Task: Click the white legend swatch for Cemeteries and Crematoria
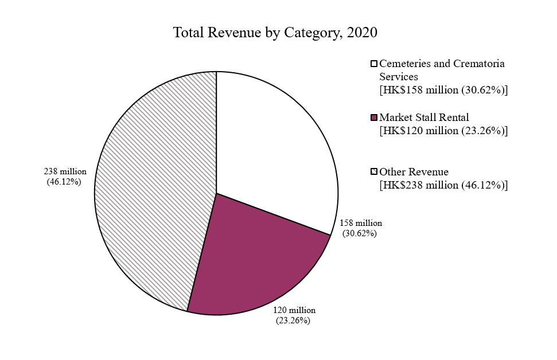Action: click(375, 64)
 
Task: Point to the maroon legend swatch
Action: click(375, 118)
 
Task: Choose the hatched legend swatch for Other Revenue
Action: click(375, 172)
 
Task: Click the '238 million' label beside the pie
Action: click(65, 171)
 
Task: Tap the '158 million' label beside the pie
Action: click(361, 223)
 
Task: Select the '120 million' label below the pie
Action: click(294, 310)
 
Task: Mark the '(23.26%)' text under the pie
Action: click(293, 320)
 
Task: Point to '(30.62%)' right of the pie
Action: click(360, 233)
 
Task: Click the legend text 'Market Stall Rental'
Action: click(424, 118)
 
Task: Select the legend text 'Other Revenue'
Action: click(414, 172)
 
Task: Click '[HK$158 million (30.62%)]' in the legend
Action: click(444, 90)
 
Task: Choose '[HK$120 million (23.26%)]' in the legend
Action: click(444, 131)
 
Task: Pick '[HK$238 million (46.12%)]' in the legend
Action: click(444, 185)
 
